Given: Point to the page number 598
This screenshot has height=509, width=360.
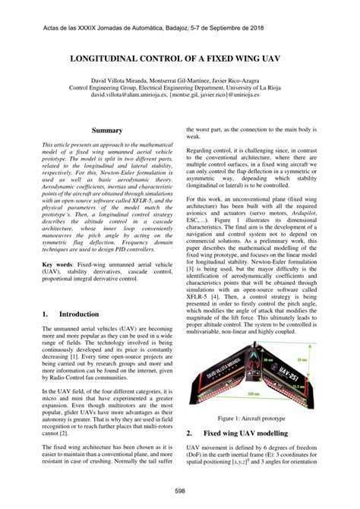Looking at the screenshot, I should pyautogui.click(x=180, y=492).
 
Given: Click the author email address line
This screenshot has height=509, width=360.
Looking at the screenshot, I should pyautogui.click(x=180, y=96).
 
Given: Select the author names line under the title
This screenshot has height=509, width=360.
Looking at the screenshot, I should pyautogui.click(x=180, y=80).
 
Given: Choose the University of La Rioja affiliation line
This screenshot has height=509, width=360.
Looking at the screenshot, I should pyautogui.click(x=180, y=88).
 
